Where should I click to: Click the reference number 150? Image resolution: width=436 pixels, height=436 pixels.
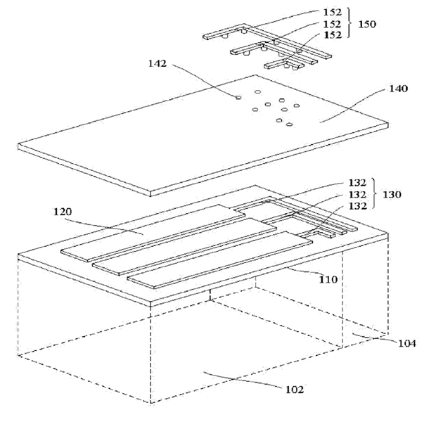click(367, 24)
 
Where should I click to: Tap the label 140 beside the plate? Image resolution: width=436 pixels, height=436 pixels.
click(398, 89)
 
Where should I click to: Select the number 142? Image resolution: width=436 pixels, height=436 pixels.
click(157, 63)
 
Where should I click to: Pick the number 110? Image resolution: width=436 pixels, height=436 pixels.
click(328, 279)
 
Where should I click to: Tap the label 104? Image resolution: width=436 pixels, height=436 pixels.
click(406, 343)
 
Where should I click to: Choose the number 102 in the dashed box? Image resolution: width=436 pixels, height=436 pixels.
click(293, 389)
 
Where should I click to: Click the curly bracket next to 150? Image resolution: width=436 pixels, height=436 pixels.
click(350, 24)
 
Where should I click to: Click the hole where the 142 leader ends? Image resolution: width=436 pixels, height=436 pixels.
click(238, 97)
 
